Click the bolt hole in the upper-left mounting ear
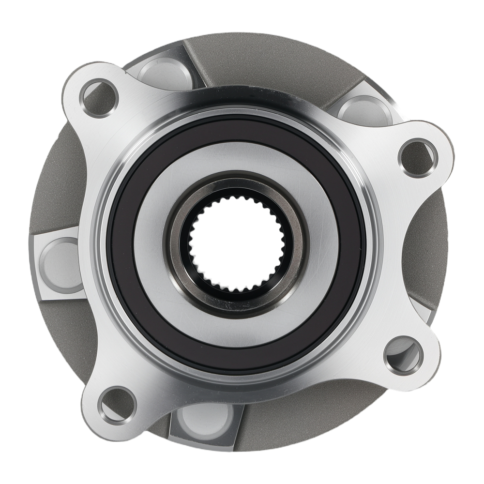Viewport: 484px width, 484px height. click(99, 98)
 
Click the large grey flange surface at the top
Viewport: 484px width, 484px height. click(271, 63)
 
